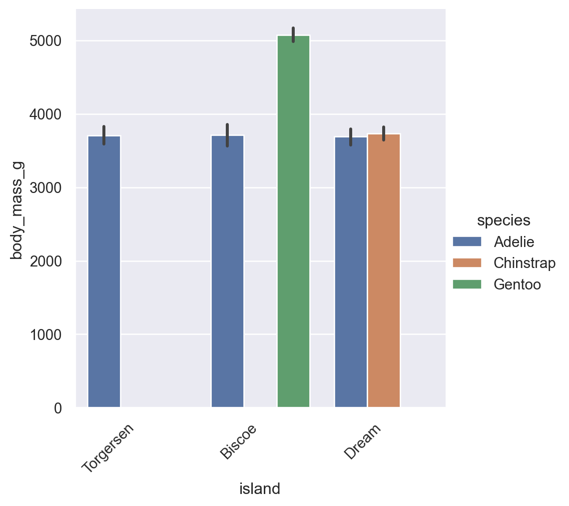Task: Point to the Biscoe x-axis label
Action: pyautogui.click(x=239, y=441)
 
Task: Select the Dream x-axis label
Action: pyautogui.click(x=363, y=441)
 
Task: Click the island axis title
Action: pyautogui.click(x=260, y=489)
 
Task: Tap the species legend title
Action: pyautogui.click(x=504, y=220)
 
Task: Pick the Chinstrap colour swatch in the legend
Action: pyautogui.click(x=467, y=263)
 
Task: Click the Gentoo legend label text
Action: pyautogui.click(x=517, y=284)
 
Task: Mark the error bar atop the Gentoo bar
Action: pyautogui.click(x=293, y=34)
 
